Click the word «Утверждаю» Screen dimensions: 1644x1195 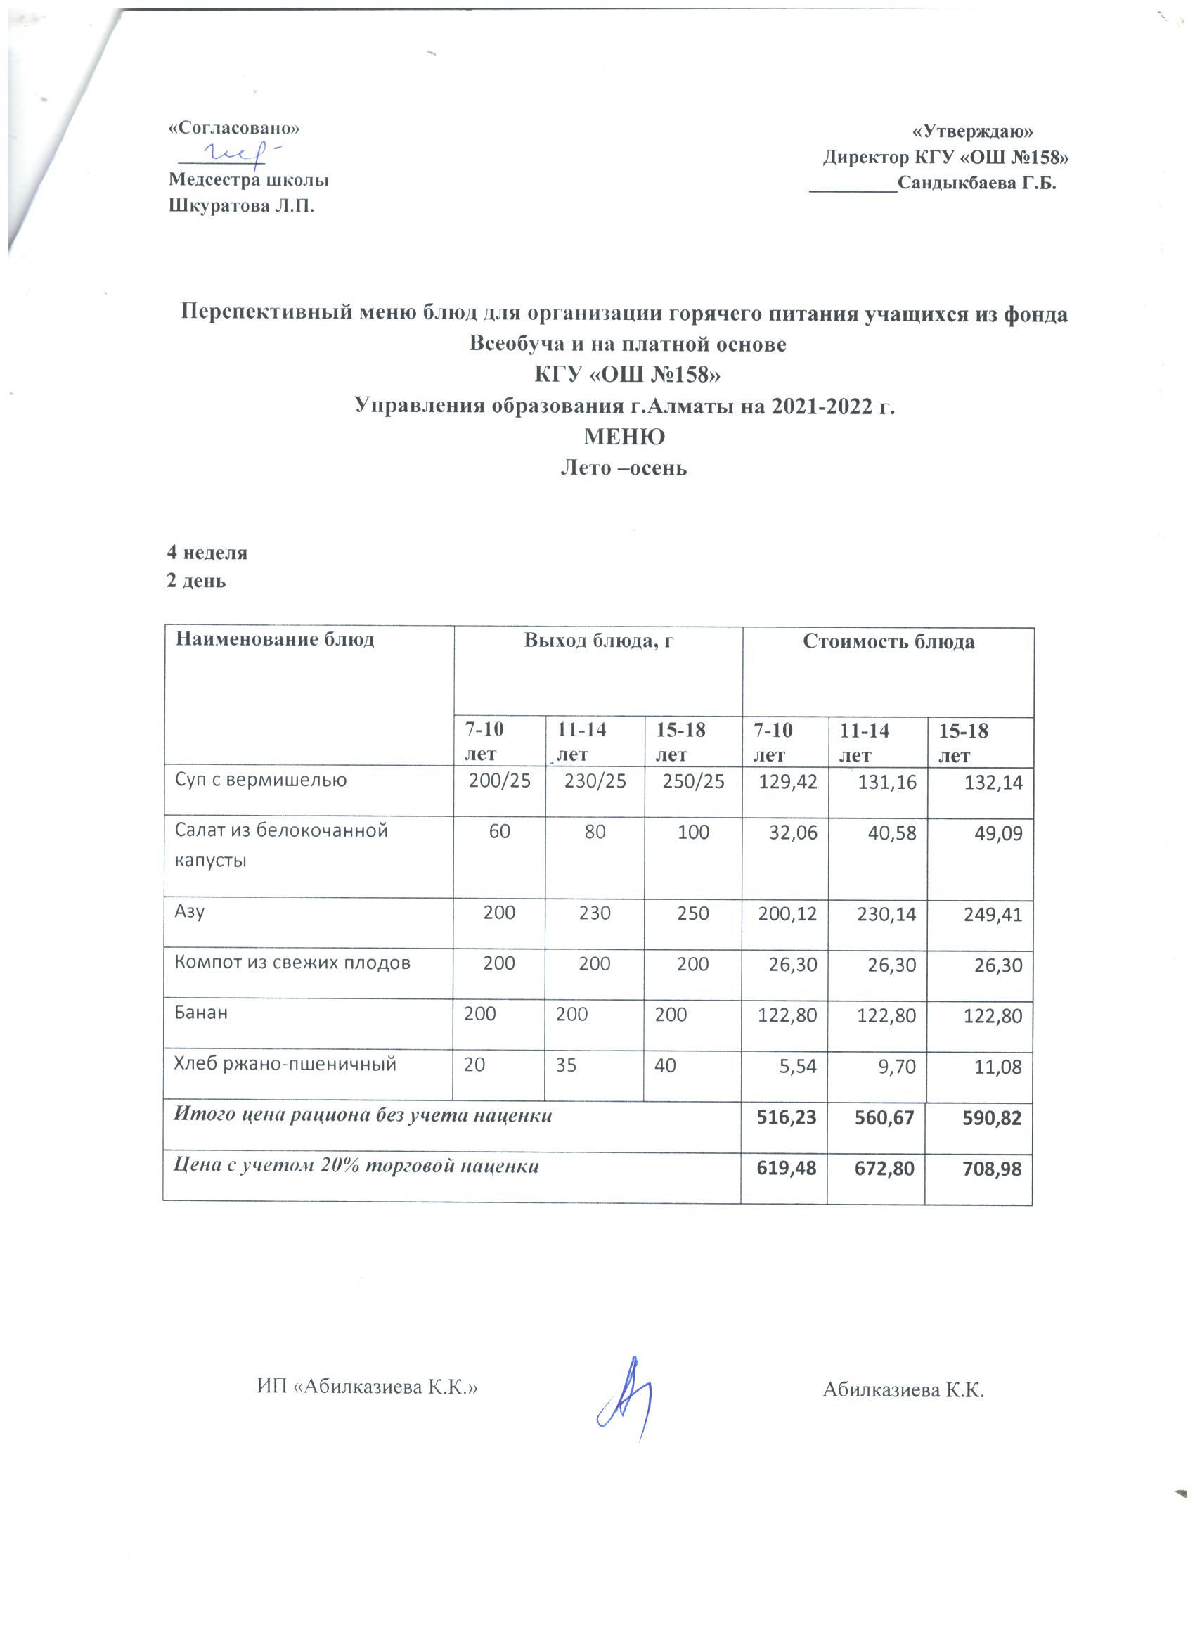pos(971,131)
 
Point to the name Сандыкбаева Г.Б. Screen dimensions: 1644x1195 pos(976,184)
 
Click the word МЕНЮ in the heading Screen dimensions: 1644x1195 pos(624,437)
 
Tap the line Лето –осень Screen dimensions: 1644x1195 pos(624,468)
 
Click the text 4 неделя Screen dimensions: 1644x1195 pos(207,553)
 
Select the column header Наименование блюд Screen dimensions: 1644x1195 pos(275,639)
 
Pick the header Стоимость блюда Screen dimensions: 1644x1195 pos(888,641)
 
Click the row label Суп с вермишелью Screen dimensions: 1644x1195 pos(261,780)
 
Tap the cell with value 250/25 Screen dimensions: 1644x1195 pos(693,781)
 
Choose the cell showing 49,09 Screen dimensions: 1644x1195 pos(998,833)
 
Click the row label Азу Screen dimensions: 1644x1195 pos(190,912)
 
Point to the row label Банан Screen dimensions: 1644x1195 pos(201,1013)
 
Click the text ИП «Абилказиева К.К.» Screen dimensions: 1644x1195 pos(368,1387)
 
